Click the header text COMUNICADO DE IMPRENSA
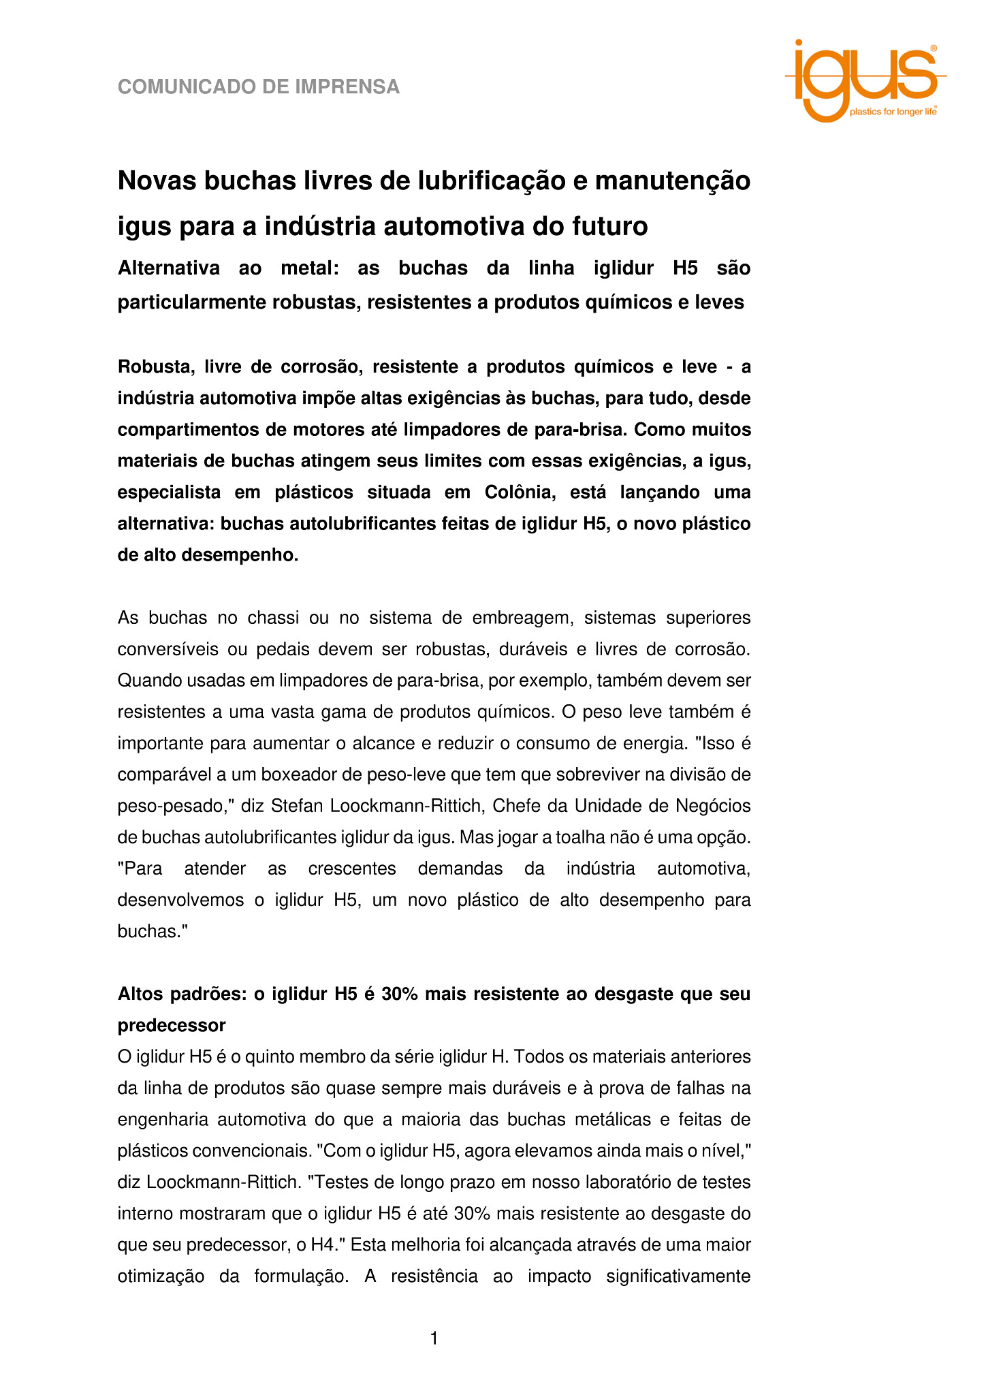click(x=259, y=87)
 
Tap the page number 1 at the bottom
click(x=434, y=1338)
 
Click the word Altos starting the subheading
click(x=139, y=994)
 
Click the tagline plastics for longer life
click(x=892, y=112)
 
